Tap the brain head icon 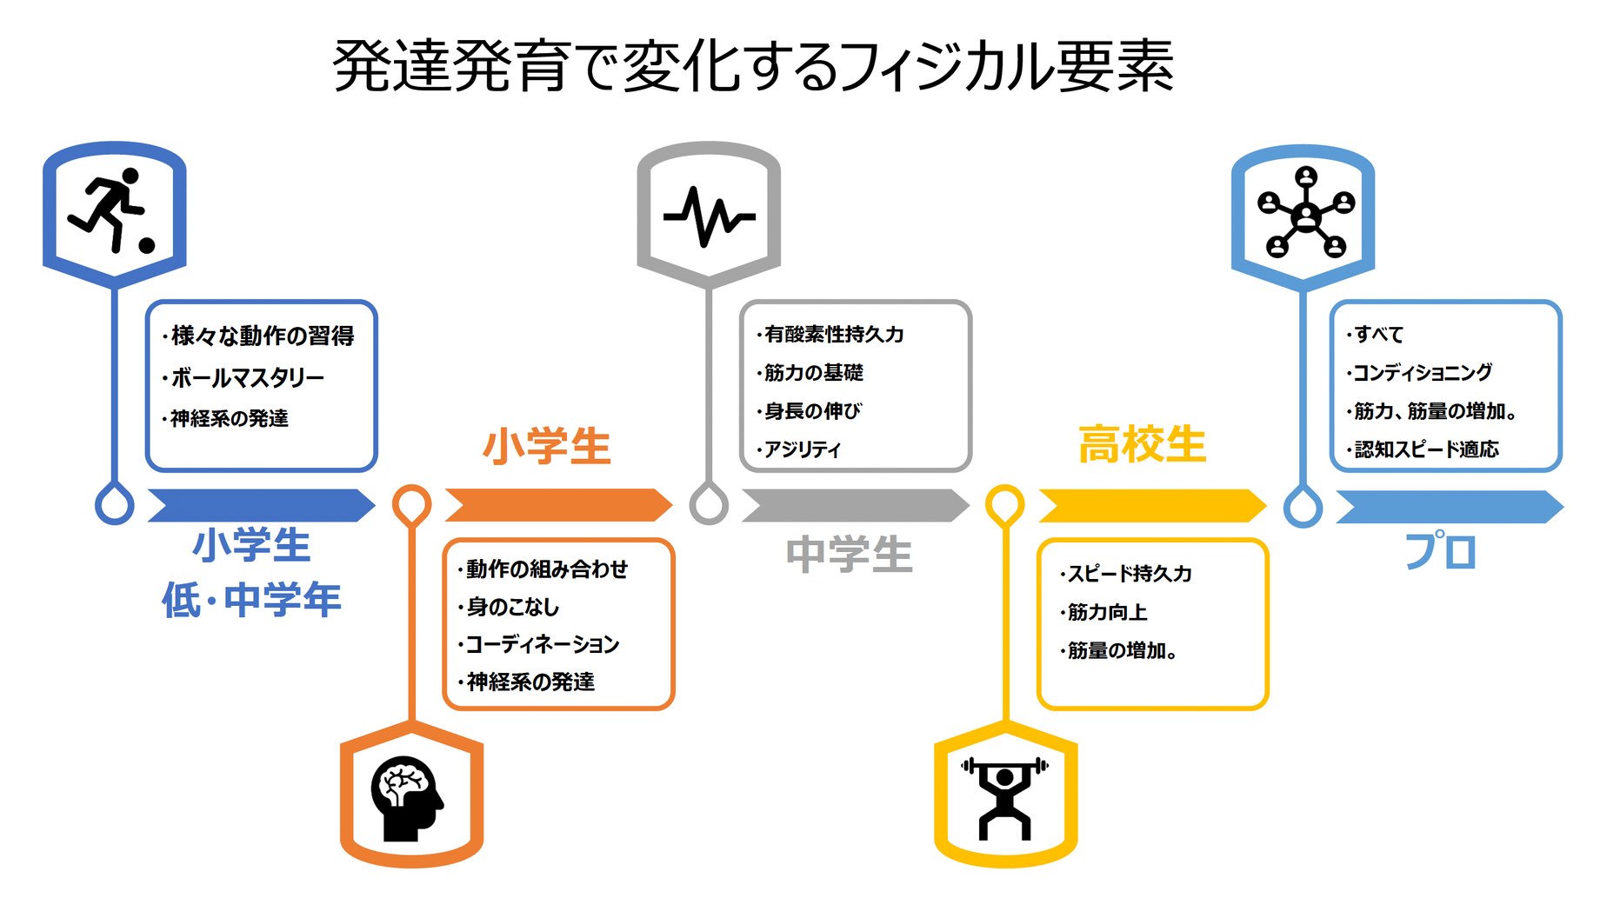407,798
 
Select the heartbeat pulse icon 709,216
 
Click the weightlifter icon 1004,798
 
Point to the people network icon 1306,213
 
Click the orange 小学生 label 547,447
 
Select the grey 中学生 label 849,555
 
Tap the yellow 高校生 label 1142,445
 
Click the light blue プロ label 1441,551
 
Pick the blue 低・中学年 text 251,601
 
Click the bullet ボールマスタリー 247,378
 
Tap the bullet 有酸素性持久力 834,335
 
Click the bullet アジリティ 802,450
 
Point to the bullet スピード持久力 1130,575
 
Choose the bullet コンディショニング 1423,373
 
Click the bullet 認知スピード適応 1426,450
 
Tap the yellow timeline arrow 1152,506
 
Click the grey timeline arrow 855,506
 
